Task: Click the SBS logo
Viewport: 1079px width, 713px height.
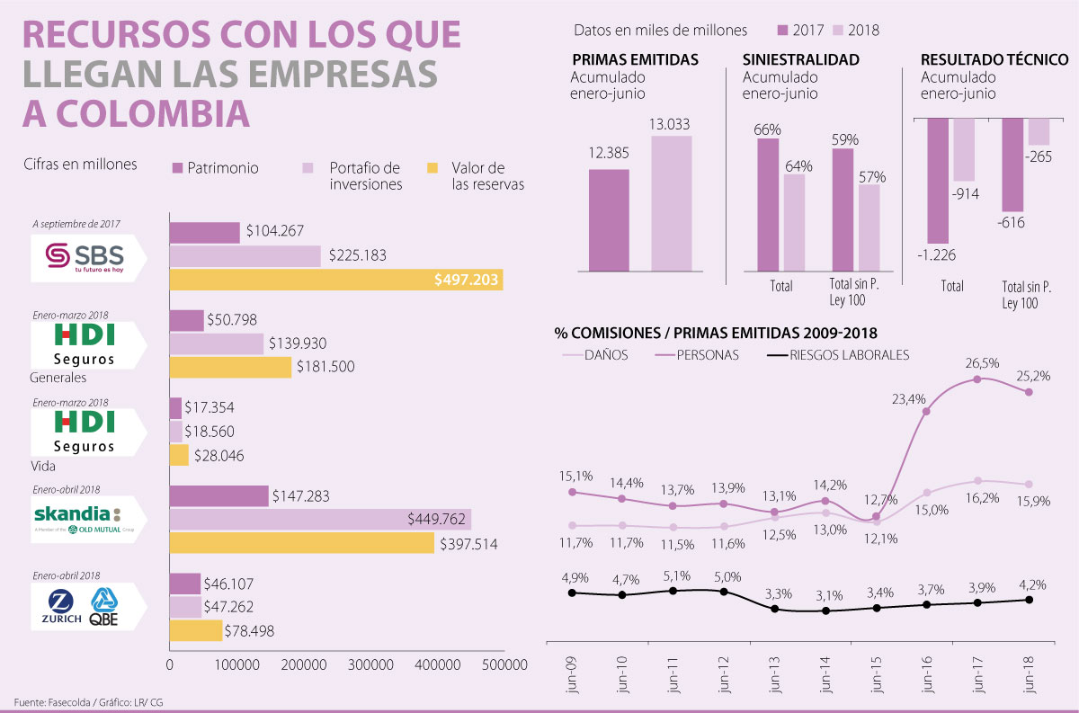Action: coord(85,256)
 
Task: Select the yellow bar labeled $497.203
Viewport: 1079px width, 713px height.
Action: coord(335,280)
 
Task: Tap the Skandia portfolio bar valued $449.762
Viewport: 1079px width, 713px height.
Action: coord(320,519)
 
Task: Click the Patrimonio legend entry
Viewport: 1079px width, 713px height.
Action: coord(215,168)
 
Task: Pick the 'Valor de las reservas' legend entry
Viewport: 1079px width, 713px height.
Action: coord(477,176)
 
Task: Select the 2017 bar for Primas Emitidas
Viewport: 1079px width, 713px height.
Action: coord(609,220)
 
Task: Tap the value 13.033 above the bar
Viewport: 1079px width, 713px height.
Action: coord(671,125)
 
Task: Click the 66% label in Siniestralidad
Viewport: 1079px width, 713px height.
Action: coord(767,129)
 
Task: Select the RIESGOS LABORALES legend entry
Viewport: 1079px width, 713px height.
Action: coord(848,355)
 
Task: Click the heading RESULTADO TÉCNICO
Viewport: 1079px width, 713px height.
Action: coord(994,60)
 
